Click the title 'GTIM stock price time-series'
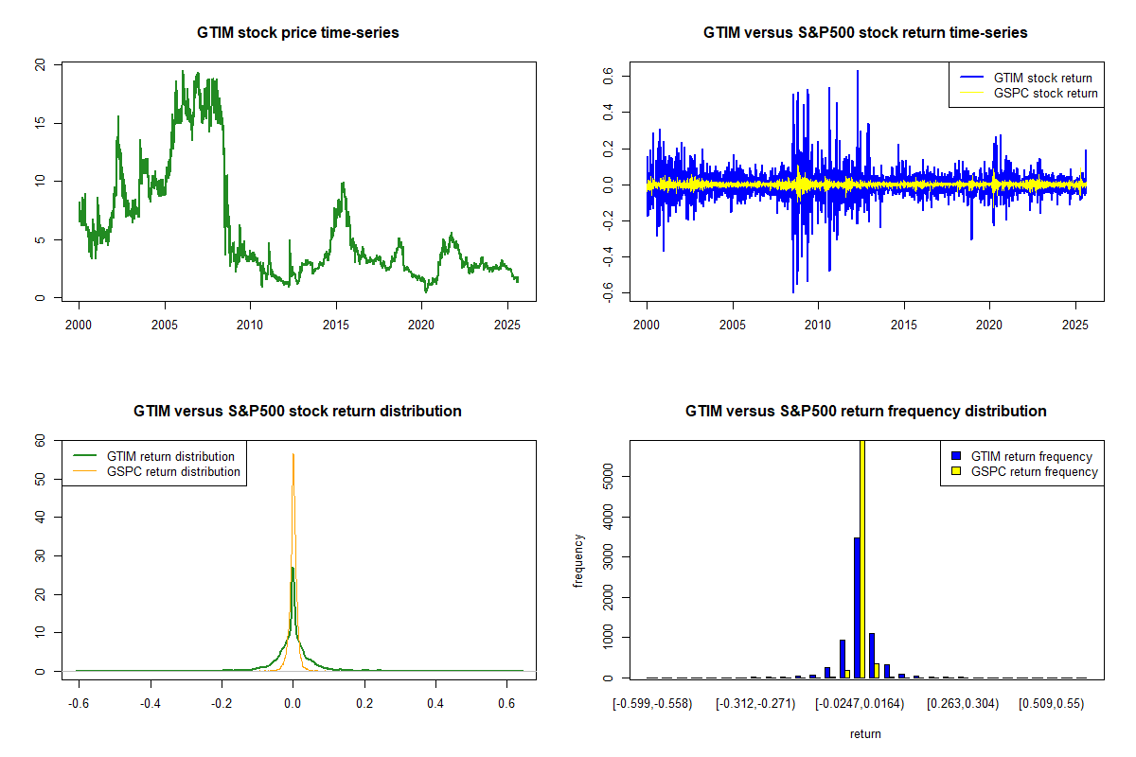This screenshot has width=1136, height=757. (x=298, y=33)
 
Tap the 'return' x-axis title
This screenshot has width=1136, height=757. (x=865, y=733)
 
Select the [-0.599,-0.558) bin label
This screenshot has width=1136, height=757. (x=652, y=704)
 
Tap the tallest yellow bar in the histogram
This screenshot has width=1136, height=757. (x=862, y=558)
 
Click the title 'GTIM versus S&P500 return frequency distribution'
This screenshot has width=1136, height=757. (x=865, y=412)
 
